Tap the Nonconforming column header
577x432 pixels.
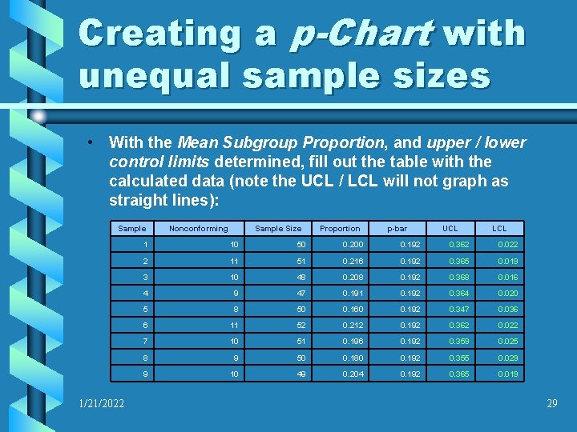coord(198,229)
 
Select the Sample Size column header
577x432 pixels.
coord(278,229)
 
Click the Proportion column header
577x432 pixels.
coord(340,229)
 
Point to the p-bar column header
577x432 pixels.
coord(397,229)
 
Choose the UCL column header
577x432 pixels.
coord(450,229)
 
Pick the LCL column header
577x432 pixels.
coord(499,229)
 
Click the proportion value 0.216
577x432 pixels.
coord(353,261)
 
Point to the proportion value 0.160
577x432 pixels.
coord(353,309)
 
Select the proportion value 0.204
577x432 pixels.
coord(353,374)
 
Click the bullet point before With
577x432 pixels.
coord(93,143)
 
